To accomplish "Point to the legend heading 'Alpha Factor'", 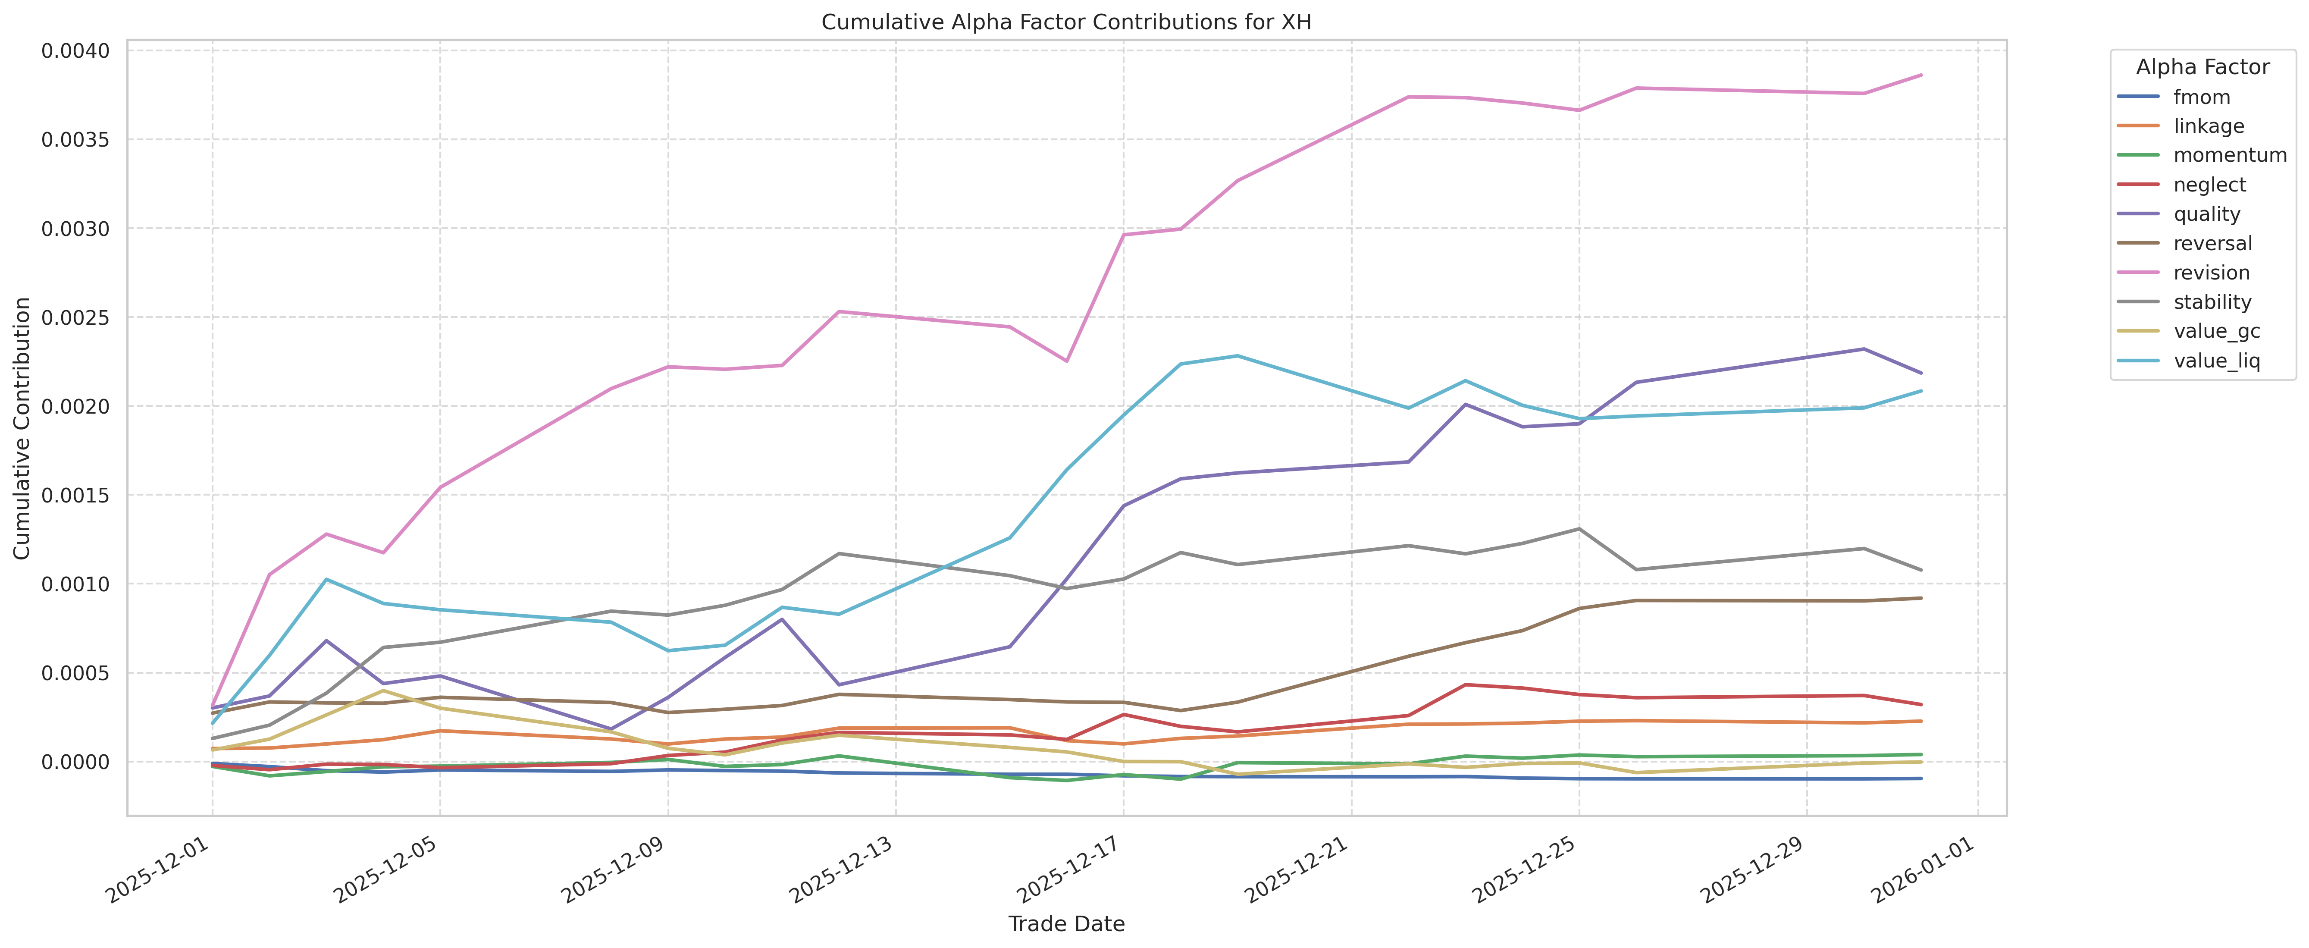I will (x=2202, y=67).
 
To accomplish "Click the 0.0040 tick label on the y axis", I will (x=75, y=51).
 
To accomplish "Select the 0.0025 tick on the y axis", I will (x=75, y=317).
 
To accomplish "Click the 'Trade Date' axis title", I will (x=1066, y=924).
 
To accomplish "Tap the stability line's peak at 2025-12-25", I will (x=1579, y=529).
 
